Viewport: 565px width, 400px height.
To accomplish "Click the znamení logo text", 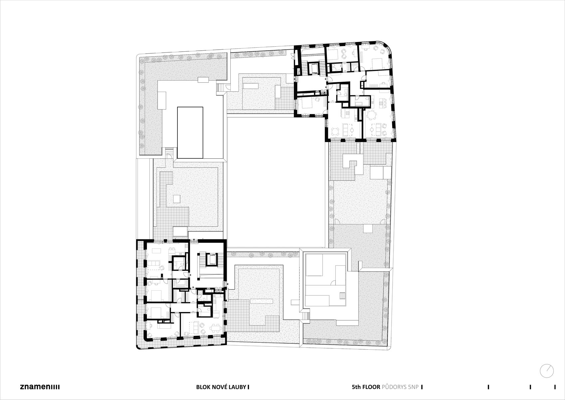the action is [40, 387].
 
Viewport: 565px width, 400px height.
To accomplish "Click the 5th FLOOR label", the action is [366, 387].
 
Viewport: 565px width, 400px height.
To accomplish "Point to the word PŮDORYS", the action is [394, 387].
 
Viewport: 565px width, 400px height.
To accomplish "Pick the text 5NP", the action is [413, 387].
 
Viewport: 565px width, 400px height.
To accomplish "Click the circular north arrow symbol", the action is [547, 371].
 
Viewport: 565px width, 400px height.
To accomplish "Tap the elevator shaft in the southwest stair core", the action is [211, 260].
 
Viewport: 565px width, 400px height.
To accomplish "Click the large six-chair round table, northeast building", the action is [371, 115].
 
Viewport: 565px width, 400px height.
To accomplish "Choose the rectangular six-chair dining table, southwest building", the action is [216, 328].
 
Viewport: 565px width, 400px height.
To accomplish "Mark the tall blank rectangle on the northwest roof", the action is [190, 132].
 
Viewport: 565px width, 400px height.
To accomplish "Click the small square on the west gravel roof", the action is [176, 198].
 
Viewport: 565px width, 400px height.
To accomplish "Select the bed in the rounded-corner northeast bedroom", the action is [377, 63].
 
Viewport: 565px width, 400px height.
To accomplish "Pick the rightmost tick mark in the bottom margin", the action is [555, 387].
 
